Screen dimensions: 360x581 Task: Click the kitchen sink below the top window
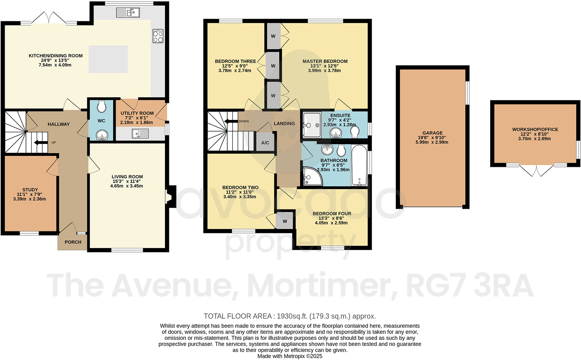[x=128, y=13]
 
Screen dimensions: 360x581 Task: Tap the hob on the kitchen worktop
[x=158, y=36]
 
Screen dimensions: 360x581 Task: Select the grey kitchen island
[x=108, y=59]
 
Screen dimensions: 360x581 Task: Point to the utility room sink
[x=140, y=133]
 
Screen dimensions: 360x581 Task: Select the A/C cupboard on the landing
[x=265, y=142]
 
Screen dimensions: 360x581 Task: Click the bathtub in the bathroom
[x=359, y=166]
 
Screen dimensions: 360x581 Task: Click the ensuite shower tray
[x=312, y=124]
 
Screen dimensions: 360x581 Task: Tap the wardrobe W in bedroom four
[x=285, y=221]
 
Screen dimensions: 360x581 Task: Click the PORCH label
[x=73, y=242]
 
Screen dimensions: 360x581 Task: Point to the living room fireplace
[x=170, y=197]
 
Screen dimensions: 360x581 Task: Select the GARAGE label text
[x=432, y=133]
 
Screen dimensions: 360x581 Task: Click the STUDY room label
[x=30, y=190]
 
